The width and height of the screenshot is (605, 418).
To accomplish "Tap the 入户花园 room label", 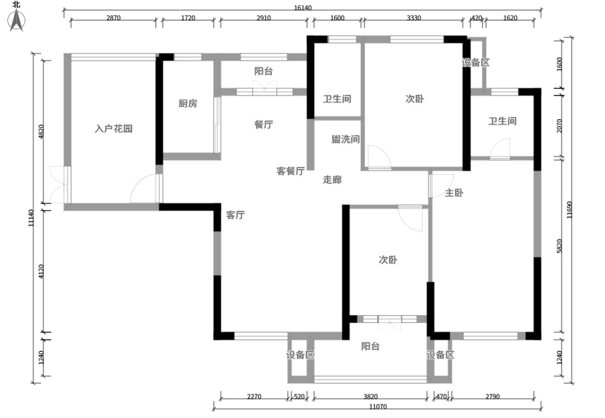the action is click(x=114, y=129).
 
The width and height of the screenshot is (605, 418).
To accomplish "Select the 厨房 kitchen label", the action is click(x=188, y=104).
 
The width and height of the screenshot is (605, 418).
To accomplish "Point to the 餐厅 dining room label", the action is click(x=264, y=125).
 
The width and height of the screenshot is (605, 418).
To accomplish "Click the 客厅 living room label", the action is click(x=235, y=215).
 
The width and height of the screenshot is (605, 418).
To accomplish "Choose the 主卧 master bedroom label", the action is click(x=454, y=193).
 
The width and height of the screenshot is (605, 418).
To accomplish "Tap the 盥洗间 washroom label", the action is click(x=346, y=139).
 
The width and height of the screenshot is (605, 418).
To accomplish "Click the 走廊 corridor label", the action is click(x=332, y=180).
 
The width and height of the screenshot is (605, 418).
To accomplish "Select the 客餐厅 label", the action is click(x=290, y=171).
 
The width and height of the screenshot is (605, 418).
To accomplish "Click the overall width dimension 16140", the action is click(x=302, y=7).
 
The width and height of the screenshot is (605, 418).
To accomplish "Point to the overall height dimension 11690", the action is click(x=569, y=209).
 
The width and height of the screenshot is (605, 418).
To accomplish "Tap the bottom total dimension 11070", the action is click(x=378, y=407).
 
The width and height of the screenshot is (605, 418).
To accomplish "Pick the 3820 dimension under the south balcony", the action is click(x=370, y=396).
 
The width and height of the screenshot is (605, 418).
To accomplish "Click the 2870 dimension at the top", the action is click(x=114, y=18).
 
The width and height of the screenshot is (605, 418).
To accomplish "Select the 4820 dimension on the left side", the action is click(x=42, y=131).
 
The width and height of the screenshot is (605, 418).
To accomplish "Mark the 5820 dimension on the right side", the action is click(x=560, y=246).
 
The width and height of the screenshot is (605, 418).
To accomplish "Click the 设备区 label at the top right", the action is click(x=476, y=62).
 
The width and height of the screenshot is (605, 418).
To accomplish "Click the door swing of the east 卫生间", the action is click(x=499, y=149).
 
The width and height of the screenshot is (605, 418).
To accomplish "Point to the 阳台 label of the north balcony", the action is click(x=264, y=71).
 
